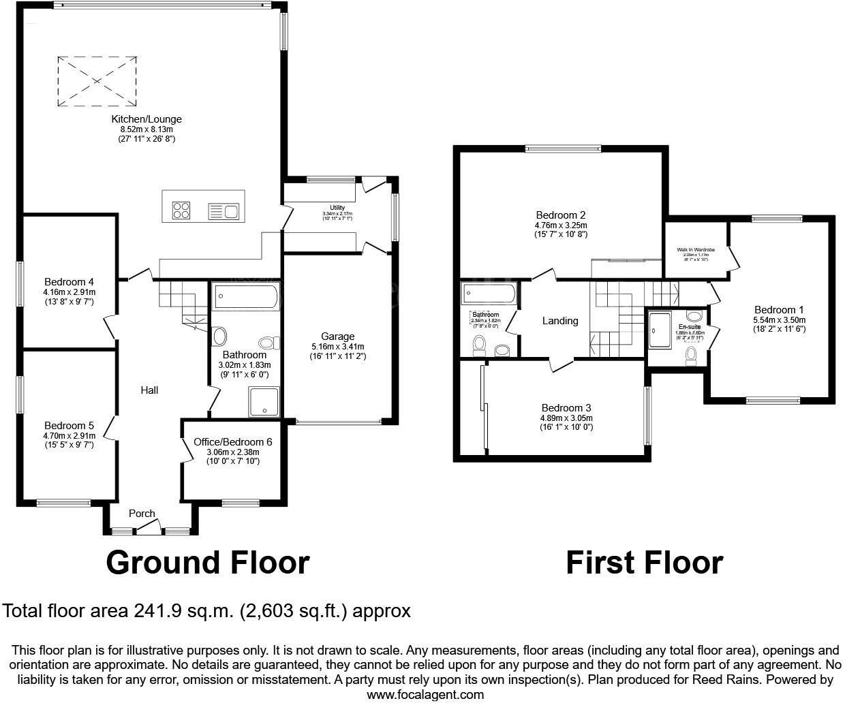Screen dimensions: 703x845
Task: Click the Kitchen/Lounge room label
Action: tap(147, 119)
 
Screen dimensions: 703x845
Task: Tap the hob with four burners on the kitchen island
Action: tap(182, 210)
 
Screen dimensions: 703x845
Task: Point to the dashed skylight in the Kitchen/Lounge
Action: tap(96, 81)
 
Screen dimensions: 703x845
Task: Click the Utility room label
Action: tap(337, 208)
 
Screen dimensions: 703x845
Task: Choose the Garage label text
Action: tap(338, 336)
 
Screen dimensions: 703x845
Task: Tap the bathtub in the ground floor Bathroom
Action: tap(246, 298)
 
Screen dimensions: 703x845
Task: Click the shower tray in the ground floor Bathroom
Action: tap(264, 401)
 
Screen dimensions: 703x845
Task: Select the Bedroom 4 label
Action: tap(69, 282)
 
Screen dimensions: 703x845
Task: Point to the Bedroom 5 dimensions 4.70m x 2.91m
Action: tap(69, 436)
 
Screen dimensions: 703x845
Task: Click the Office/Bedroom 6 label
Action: tap(232, 442)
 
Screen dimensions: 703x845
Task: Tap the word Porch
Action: tap(142, 514)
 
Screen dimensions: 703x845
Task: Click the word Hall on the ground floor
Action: tap(149, 390)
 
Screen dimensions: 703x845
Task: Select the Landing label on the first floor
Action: tap(560, 321)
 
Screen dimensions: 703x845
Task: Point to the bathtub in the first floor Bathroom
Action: tap(489, 294)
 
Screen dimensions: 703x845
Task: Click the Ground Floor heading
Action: tap(208, 563)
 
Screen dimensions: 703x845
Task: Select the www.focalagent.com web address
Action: tap(425, 695)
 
